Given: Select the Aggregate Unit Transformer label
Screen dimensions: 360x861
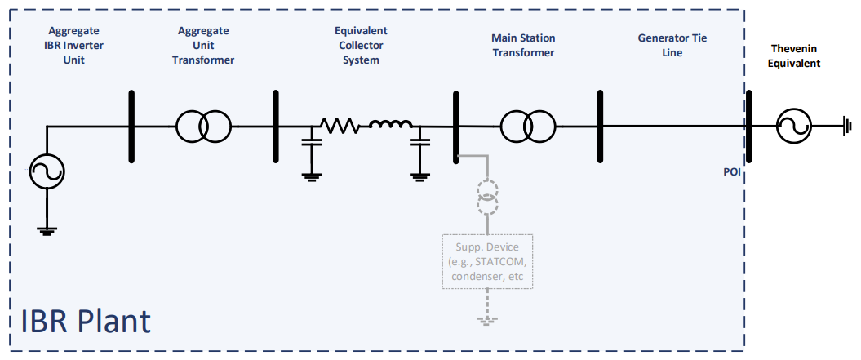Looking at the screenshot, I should tap(203, 45).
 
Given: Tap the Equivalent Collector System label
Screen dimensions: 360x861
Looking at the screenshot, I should tap(360, 45).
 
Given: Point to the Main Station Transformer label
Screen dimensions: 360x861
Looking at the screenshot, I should tap(522, 45).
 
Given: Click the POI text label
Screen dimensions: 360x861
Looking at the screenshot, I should tap(732, 173).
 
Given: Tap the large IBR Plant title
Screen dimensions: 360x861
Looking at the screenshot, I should tap(87, 321).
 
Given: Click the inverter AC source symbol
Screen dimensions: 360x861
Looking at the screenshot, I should tap(47, 171).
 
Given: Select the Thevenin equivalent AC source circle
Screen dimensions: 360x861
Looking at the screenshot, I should tap(792, 127).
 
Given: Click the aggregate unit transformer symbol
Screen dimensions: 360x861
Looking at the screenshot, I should tap(203, 127).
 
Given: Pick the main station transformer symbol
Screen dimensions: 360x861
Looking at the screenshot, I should tap(526, 127).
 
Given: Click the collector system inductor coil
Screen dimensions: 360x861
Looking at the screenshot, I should tap(390, 125).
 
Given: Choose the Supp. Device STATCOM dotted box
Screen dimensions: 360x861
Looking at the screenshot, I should tap(487, 261).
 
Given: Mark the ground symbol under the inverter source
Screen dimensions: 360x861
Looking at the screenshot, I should tap(47, 229).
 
